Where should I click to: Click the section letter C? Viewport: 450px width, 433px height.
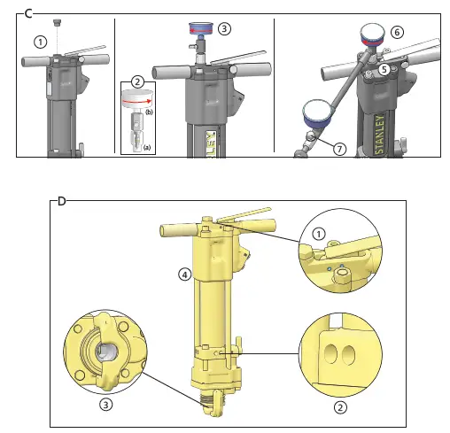pyautogui.click(x=28, y=13)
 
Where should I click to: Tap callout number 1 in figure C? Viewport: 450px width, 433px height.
pyautogui.click(x=40, y=41)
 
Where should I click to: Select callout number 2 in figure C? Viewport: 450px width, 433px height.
pyautogui.click(x=136, y=81)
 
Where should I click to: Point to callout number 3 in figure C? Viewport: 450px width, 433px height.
pyautogui.click(x=225, y=28)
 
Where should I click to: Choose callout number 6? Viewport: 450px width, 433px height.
pyautogui.click(x=397, y=31)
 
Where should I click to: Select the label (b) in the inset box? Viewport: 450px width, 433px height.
pyautogui.click(x=149, y=113)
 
